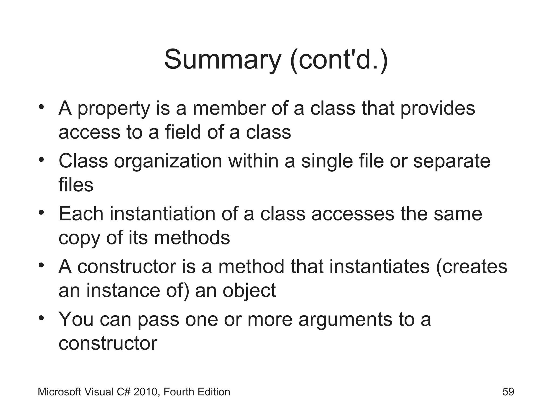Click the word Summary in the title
[x=223, y=60]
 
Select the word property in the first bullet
[x=113, y=109]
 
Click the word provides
[x=437, y=109]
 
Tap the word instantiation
[x=163, y=214]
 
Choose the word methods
[x=192, y=238]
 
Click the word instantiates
[x=379, y=267]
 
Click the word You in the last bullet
[x=76, y=320]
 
